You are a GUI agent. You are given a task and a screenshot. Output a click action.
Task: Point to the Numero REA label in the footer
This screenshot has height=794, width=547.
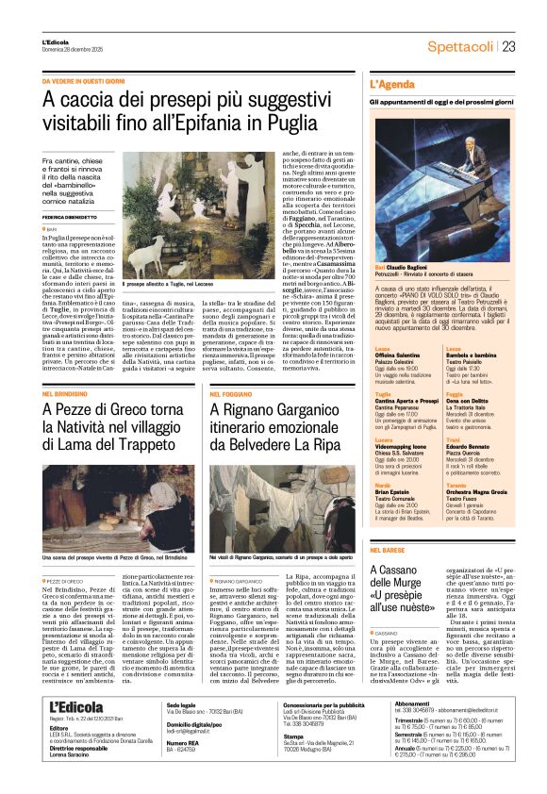(x=183, y=769)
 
